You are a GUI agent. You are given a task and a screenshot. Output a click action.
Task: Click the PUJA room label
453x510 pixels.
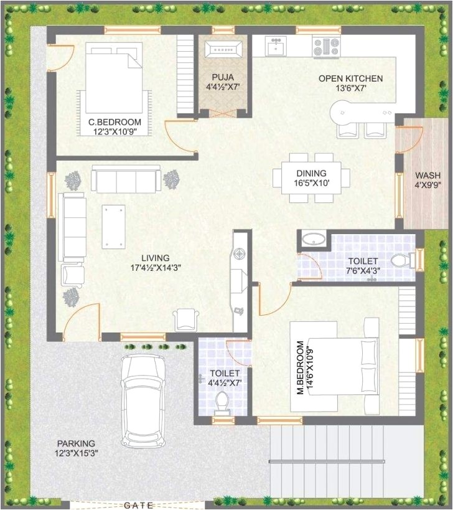[223, 77]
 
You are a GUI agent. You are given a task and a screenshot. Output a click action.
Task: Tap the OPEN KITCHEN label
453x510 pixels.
[350, 78]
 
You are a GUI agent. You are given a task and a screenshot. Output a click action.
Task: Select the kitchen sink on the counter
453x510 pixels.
[276, 46]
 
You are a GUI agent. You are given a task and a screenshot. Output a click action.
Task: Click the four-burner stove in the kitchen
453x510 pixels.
[326, 47]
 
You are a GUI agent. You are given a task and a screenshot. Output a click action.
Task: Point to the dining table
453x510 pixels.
[311, 178]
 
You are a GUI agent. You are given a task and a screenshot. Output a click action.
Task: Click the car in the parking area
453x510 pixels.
[143, 401]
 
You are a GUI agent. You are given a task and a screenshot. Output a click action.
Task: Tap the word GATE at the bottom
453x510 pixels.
[138, 505]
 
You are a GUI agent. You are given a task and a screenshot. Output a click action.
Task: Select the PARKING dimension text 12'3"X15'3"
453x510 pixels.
[77, 453]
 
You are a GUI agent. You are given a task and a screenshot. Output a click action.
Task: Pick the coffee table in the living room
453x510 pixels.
[113, 227]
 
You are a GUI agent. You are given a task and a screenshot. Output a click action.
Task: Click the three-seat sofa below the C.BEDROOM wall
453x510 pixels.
[126, 179]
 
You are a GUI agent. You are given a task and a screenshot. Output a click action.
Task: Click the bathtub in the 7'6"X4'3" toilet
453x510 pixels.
[314, 240]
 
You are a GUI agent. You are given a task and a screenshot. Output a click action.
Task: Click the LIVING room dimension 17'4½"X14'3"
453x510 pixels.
[156, 268]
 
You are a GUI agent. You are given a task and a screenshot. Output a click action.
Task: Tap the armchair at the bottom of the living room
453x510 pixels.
[186, 320]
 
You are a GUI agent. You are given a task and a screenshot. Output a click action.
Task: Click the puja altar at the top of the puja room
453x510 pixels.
[223, 50]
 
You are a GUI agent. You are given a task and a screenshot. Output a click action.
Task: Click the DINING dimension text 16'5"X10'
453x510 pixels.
[312, 183]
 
